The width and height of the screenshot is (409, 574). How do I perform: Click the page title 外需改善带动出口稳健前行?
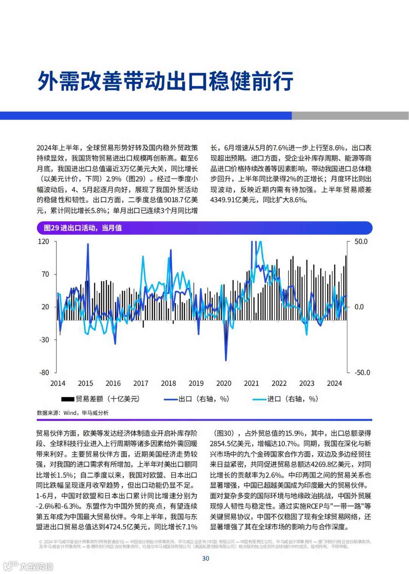(x=165, y=81)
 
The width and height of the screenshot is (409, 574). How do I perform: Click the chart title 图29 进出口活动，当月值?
(x=83, y=228)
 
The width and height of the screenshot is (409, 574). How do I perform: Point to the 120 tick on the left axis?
(x=44, y=242)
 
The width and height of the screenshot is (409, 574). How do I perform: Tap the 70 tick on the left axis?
(x=45, y=274)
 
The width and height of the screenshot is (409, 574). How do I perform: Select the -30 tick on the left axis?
(x=44, y=340)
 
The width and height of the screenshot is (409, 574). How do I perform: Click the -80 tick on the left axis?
(x=44, y=373)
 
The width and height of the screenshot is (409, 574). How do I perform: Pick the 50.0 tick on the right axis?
(x=361, y=242)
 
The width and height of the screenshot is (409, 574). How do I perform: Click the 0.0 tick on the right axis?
(x=359, y=307)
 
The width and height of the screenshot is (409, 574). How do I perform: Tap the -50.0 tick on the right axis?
(x=362, y=373)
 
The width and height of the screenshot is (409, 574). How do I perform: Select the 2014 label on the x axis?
(x=58, y=383)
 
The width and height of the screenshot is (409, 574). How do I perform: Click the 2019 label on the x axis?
(x=196, y=383)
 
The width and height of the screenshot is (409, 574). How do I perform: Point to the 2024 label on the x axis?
(x=334, y=383)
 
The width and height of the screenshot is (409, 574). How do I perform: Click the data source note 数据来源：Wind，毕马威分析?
(x=72, y=413)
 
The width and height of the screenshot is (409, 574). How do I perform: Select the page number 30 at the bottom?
(x=206, y=558)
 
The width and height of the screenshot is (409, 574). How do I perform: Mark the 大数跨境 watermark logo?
(x=28, y=566)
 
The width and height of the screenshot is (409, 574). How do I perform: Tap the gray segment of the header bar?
(x=350, y=115)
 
